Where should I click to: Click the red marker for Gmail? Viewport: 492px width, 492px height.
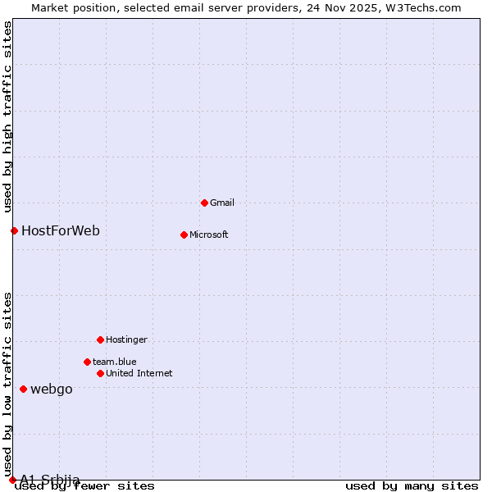(x=204, y=203)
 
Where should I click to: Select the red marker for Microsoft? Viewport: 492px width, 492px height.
(x=184, y=235)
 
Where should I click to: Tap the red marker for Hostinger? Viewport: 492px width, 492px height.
(x=100, y=339)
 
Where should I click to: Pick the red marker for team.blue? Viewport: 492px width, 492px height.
(x=87, y=362)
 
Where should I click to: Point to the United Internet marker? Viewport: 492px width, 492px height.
(x=100, y=373)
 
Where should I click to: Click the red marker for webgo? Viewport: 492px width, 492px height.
(x=23, y=389)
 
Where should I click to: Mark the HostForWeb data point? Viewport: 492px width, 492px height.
(x=14, y=230)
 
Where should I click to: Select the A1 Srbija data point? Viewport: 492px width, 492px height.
(x=12, y=480)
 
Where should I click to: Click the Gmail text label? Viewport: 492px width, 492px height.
(x=222, y=203)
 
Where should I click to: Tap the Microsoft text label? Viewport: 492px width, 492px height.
(x=209, y=235)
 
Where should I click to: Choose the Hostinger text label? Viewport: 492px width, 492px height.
(x=126, y=339)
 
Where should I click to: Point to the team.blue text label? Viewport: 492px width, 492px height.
(x=115, y=362)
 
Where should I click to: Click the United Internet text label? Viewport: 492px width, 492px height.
(x=139, y=373)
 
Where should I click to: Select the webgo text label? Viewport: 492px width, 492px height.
(x=52, y=389)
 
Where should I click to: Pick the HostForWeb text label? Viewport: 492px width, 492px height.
(x=61, y=230)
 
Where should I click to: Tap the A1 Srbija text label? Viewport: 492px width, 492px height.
(x=50, y=480)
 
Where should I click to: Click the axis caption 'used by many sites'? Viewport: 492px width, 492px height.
(x=412, y=486)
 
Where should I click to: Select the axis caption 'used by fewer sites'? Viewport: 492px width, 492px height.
(x=84, y=486)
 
